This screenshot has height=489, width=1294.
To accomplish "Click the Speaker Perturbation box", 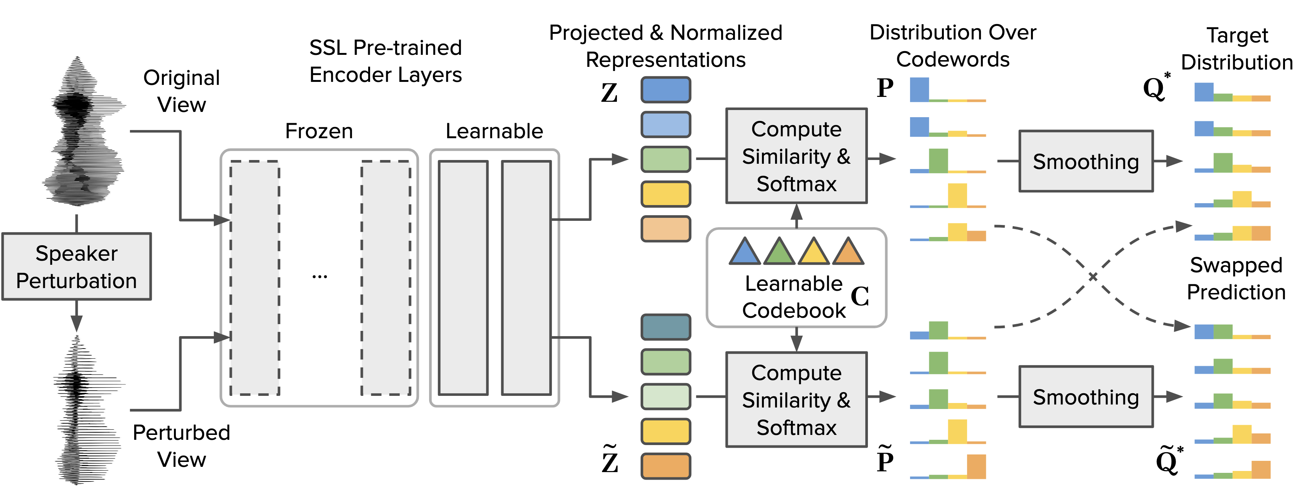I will tap(76, 267).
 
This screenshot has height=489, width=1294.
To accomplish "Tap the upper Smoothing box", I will tap(1085, 161).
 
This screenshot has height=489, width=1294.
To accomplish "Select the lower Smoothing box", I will tap(1085, 397).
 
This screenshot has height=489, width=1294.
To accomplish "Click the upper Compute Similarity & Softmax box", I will tap(796, 156).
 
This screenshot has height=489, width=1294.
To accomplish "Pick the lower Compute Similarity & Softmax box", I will tap(796, 400).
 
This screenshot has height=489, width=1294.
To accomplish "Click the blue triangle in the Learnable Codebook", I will tap(744, 252).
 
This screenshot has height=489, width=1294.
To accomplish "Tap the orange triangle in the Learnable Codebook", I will tap(848, 252).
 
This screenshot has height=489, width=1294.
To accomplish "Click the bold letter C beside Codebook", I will tap(860, 296).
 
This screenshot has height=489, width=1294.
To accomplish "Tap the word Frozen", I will tap(319, 131).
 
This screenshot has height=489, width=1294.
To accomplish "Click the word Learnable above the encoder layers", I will tap(494, 131).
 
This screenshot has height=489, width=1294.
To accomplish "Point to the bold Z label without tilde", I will tap(609, 93).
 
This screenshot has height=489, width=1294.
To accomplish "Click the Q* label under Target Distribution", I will tap(1156, 88).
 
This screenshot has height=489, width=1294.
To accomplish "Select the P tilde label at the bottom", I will tap(885, 459).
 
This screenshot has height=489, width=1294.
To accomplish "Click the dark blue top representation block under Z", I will tap(665, 90).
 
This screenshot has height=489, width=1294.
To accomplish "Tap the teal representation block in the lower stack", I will tap(665, 327).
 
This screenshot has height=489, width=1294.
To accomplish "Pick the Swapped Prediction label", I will tap(1236, 279).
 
